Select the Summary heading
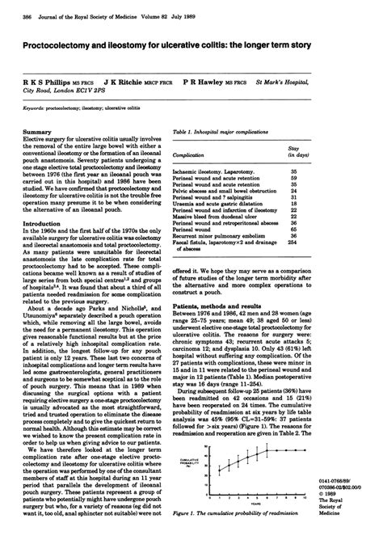(x=37, y=130)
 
